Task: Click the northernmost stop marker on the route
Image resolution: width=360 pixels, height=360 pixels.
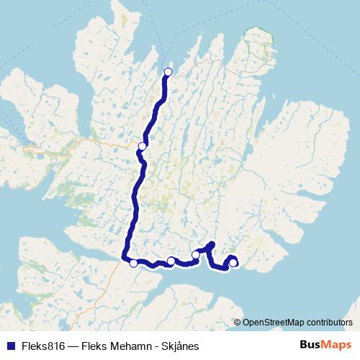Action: click(168, 71)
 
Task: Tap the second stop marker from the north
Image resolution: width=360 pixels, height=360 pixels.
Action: click(143, 146)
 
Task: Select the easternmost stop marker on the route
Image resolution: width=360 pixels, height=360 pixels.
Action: click(233, 263)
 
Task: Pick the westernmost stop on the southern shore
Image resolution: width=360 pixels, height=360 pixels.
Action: click(133, 263)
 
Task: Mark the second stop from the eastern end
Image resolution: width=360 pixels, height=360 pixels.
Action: click(196, 255)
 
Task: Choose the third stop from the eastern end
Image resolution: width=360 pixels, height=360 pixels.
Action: click(171, 261)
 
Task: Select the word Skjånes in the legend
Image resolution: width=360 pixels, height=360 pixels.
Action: click(179, 346)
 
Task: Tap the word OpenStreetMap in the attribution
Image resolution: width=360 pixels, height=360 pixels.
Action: click(271, 322)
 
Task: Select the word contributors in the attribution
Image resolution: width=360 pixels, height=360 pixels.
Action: click(326, 322)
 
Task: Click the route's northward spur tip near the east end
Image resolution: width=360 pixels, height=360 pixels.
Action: click(211, 244)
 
